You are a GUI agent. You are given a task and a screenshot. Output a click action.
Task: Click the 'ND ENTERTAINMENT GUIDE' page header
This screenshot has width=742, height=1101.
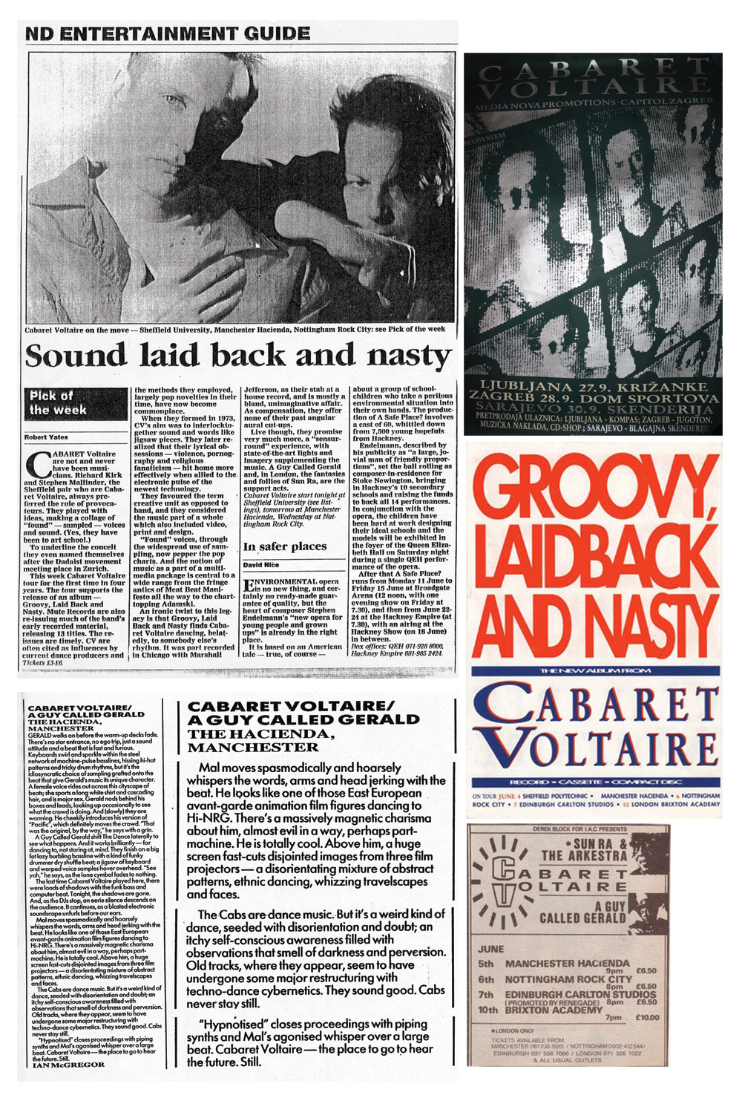coord(168,33)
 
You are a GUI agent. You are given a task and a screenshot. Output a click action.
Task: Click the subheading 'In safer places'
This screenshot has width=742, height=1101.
coord(286,546)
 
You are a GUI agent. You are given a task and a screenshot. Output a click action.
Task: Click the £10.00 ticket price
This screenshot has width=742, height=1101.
coord(646,1017)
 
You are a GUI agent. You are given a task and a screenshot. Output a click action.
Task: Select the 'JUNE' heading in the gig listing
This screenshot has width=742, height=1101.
coord(491,949)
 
